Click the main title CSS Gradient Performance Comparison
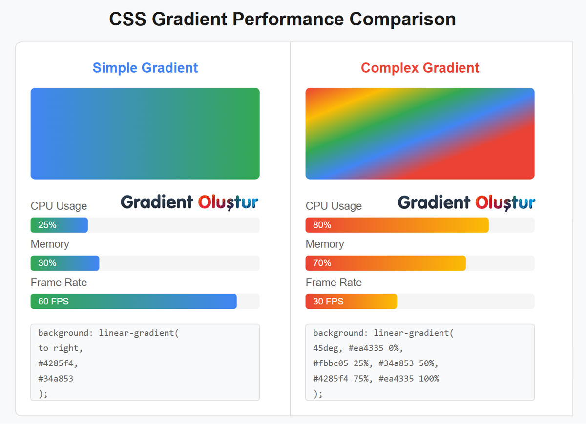pyautogui.click(x=282, y=20)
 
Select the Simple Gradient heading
pyautogui.click(x=145, y=68)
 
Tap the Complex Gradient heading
pyautogui.click(x=420, y=68)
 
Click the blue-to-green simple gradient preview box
pyautogui.click(x=145, y=133)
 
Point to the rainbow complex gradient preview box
pyautogui.click(x=420, y=133)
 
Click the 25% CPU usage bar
pyautogui.click(x=59, y=225)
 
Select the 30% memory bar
pyautogui.click(x=65, y=263)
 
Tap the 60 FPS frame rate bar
pyautogui.click(x=133, y=301)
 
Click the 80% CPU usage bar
pyautogui.click(x=397, y=225)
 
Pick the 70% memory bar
pyautogui.click(x=385, y=263)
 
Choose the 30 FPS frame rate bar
pyautogui.click(x=351, y=301)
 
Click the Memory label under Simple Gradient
pyautogui.click(x=50, y=244)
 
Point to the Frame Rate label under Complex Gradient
pyautogui.click(x=334, y=283)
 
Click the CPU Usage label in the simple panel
pyautogui.click(x=59, y=206)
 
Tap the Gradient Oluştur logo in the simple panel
pyautogui.click(x=189, y=202)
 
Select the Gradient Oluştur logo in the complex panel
pyautogui.click(x=466, y=202)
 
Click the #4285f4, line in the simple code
pyautogui.click(x=58, y=363)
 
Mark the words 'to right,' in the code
pyautogui.click(x=61, y=348)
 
